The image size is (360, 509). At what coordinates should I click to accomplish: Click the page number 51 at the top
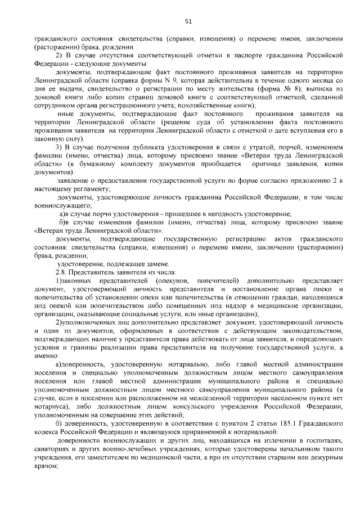coord(188,22)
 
